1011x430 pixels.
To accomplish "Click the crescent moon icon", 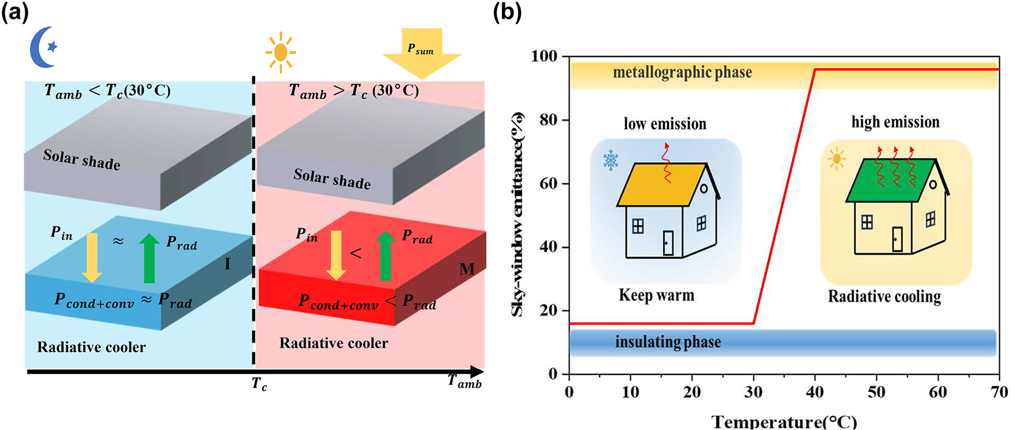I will point(41,47).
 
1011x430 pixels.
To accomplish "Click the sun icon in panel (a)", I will point(280,52).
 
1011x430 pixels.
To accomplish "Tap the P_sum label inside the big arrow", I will point(421,50).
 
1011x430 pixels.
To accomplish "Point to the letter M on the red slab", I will point(467,269).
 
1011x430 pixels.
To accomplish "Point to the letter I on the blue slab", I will point(227,264).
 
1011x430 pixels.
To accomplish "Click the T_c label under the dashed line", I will point(259,384).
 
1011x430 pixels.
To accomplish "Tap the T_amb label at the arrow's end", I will point(464,382).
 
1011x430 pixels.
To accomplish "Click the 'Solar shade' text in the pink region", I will point(332,179).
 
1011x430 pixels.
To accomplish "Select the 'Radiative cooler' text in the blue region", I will point(91,347).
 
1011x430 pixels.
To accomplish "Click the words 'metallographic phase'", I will point(682,73).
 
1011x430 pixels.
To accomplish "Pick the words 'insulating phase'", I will point(668,342).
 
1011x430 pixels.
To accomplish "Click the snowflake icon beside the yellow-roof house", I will point(611,161).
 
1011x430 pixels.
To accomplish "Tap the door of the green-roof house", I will point(897,239).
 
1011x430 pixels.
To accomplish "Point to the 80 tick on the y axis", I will point(548,120).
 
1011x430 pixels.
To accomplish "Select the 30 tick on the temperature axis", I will point(753,392).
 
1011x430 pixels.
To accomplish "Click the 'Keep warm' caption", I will point(656,295).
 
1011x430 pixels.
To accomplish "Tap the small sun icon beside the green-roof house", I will point(837,159).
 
